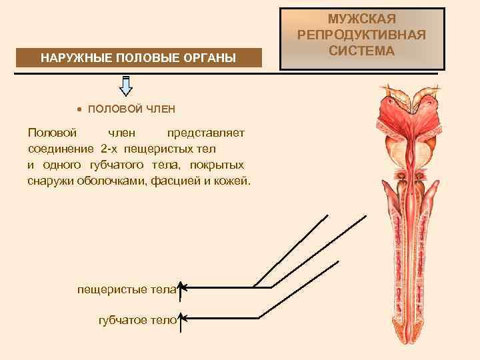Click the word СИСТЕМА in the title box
point(363,50)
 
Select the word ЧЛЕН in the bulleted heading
point(161,109)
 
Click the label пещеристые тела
point(127,289)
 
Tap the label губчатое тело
point(137,320)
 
